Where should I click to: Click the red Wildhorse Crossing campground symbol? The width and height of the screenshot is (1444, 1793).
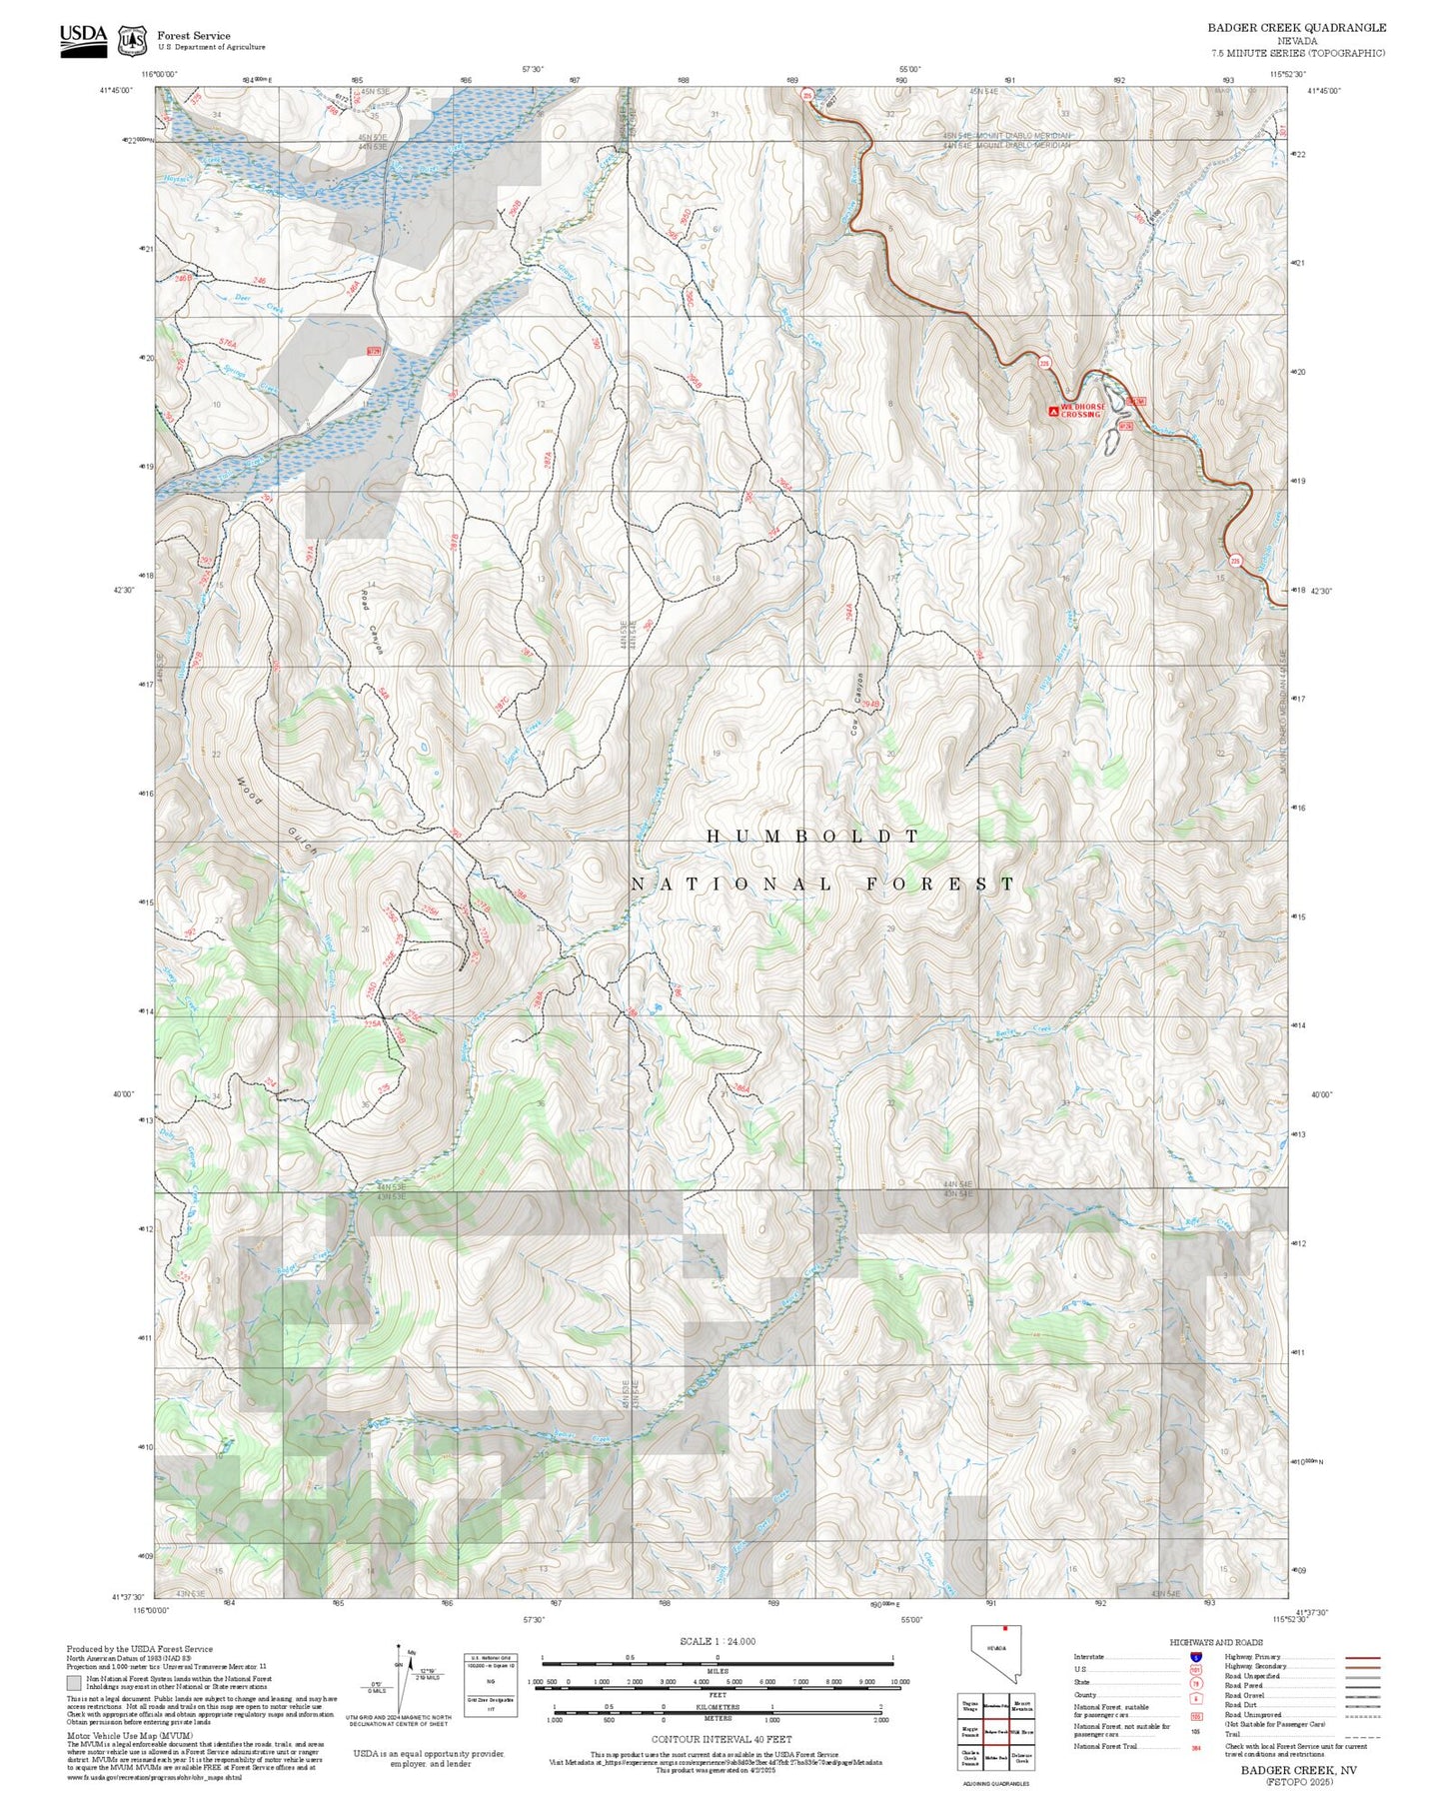(1052, 411)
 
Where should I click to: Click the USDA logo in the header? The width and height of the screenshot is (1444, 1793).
(83, 37)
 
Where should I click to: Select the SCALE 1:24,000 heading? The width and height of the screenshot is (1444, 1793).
(717, 1641)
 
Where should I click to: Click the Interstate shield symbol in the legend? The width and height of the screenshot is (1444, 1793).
(1195, 1656)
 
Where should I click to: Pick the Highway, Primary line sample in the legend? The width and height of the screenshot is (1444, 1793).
(1362, 1657)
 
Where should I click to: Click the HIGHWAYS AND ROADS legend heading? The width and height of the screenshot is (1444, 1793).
(1216, 1642)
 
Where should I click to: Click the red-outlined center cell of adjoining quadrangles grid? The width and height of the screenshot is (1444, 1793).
(995, 1730)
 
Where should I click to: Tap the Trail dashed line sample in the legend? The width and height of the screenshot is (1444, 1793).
(1362, 1734)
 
